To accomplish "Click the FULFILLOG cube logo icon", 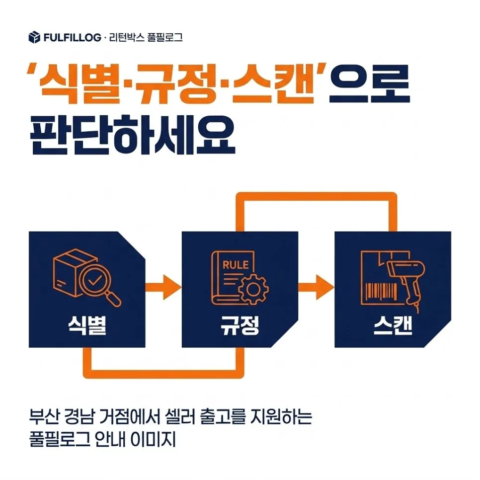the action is click(x=34, y=37).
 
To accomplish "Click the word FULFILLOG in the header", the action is click(x=72, y=38).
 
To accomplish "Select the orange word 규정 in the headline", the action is click(x=177, y=83).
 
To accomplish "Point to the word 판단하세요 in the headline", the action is click(x=133, y=134).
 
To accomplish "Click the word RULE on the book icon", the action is click(x=236, y=265).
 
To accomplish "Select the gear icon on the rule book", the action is click(x=253, y=289).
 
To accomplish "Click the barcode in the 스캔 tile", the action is click(x=381, y=291).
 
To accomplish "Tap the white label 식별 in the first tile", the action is click(x=87, y=325).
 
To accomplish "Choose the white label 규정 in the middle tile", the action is click(x=240, y=325).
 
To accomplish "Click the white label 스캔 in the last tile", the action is click(x=393, y=325).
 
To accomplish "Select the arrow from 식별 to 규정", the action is click(x=163, y=287).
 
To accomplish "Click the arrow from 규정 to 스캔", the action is click(x=316, y=287).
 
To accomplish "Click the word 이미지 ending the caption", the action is click(x=153, y=440).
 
